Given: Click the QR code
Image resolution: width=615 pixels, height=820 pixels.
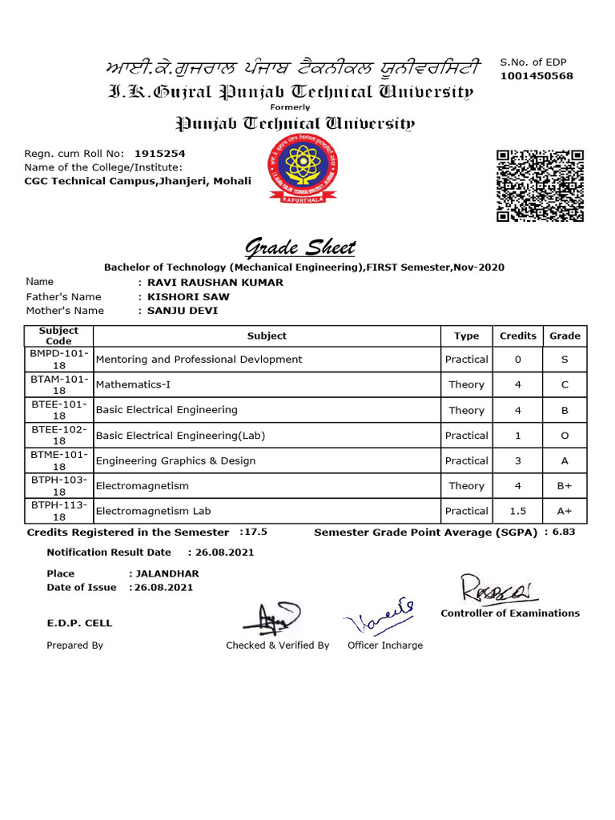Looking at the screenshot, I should (x=540, y=186).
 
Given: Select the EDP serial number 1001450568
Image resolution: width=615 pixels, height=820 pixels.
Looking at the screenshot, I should (x=537, y=76).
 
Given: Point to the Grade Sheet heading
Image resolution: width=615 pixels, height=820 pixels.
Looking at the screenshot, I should (x=299, y=247).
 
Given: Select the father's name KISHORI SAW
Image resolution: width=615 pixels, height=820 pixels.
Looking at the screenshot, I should (x=185, y=296).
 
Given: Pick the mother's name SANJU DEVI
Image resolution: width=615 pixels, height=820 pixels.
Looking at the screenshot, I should (x=182, y=311).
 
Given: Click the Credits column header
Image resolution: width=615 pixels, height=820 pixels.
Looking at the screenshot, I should (x=517, y=336).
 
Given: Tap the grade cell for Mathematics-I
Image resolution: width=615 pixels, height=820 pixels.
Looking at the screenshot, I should (x=565, y=384).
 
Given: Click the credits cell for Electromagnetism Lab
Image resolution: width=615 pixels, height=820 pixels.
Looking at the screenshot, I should (x=517, y=511).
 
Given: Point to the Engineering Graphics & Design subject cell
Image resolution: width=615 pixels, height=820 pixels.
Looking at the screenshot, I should (x=175, y=460).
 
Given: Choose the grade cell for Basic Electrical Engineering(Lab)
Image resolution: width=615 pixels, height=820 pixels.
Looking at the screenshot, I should (x=565, y=436).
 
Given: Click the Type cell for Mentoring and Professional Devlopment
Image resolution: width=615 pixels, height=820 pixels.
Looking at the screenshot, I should (x=466, y=360).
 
